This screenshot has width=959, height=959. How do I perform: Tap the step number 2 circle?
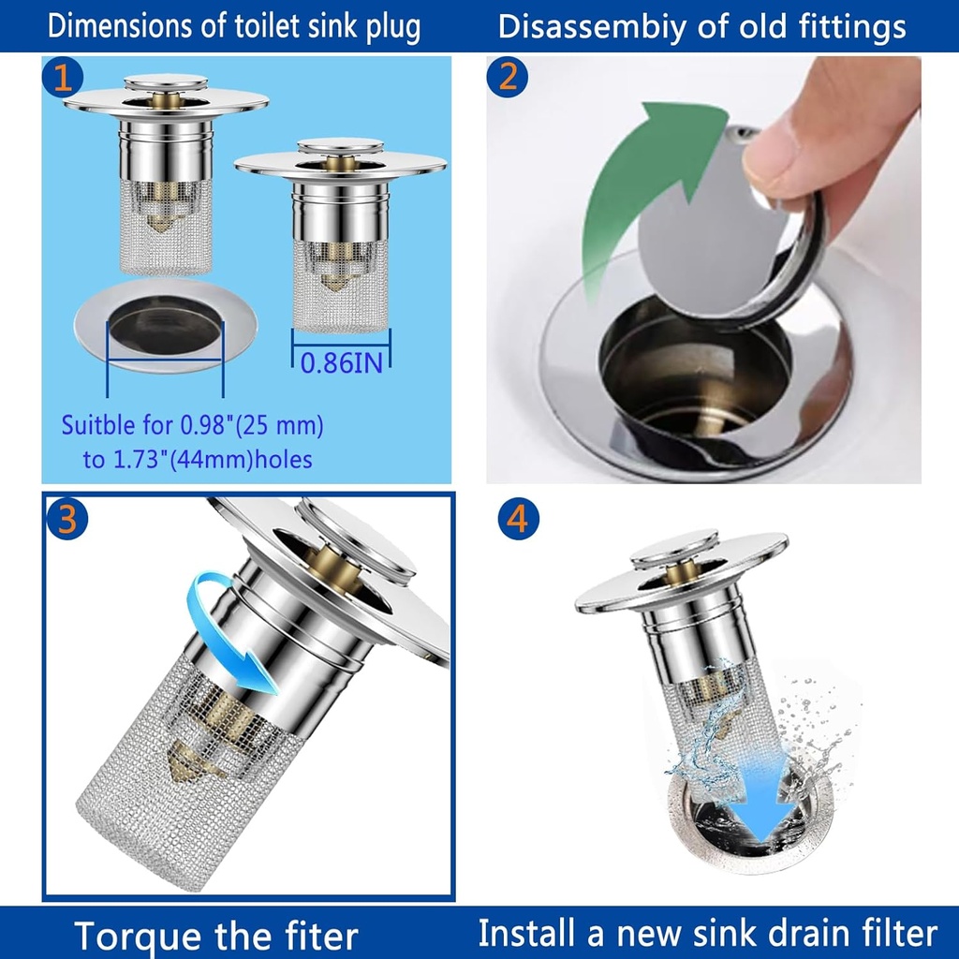pos(507,77)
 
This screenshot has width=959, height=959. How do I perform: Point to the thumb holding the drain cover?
pos(796,140)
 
